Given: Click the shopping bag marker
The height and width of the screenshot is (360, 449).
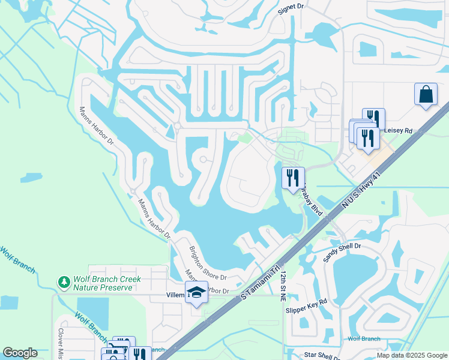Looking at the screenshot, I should (x=426, y=94).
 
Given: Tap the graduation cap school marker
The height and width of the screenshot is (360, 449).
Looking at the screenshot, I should (x=196, y=292).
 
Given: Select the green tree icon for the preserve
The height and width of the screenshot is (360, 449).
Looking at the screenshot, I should (x=64, y=281).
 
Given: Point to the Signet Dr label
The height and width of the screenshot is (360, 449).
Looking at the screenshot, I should (x=292, y=8).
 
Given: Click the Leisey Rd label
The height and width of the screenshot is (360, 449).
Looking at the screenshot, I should (x=399, y=130).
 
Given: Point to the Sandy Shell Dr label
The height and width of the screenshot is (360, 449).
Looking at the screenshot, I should (x=342, y=253).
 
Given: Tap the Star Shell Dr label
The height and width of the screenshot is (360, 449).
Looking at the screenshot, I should (x=322, y=355).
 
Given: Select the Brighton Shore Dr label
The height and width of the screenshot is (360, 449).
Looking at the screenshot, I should (x=207, y=264).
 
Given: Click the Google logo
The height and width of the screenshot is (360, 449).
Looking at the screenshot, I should (x=20, y=353).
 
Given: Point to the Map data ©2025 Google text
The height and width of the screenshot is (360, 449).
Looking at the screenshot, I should (x=411, y=355).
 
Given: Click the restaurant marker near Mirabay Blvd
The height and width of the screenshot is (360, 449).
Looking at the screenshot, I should (x=293, y=177).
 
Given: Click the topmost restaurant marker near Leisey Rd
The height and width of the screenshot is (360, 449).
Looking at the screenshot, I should (x=374, y=118).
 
